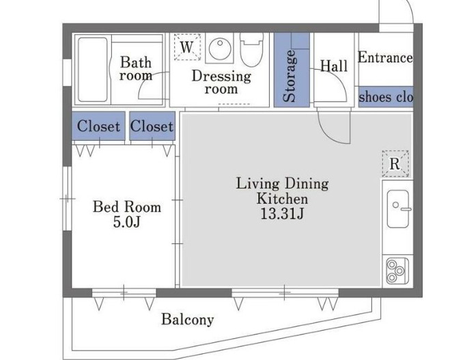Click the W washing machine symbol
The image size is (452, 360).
click(187, 47)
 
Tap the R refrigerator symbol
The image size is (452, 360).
click(395, 163)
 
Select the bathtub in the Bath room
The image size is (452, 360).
click(93, 70)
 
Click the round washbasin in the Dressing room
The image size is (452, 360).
click(220, 49)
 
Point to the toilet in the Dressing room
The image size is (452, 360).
click(252, 50)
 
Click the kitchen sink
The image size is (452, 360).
click(398, 208)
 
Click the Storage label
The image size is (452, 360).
click(289, 76)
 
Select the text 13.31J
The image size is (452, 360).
click(282, 214)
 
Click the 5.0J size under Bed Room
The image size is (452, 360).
click(126, 222)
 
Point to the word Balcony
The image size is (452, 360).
click(188, 320)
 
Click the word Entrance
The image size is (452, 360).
click(385, 57)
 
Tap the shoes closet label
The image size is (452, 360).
click(386, 97)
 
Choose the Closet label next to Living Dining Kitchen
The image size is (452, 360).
click(152, 126)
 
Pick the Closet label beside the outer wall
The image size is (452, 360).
click(98, 126)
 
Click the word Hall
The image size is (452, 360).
click(334, 66)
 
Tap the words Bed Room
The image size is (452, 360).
click(127, 207)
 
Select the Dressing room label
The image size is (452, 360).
click(221, 82)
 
